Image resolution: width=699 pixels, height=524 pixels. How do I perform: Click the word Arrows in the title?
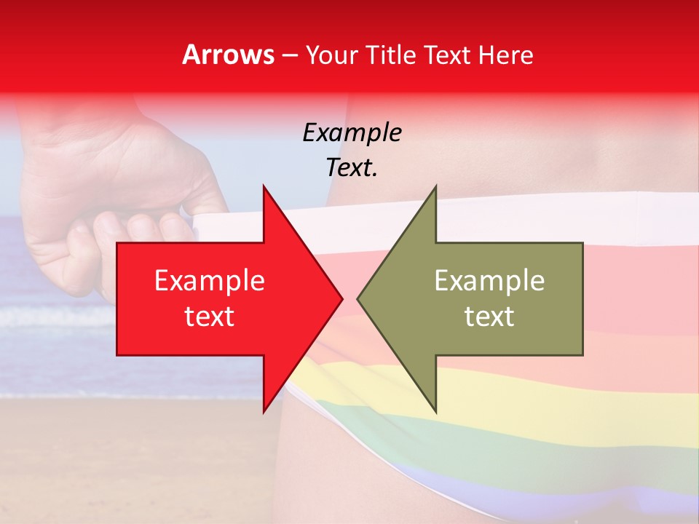pos(228,55)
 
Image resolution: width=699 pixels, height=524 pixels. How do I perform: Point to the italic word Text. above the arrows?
pos(352,168)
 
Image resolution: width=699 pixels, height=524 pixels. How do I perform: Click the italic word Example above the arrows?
pos(352,132)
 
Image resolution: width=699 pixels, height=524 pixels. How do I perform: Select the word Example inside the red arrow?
pos(210,281)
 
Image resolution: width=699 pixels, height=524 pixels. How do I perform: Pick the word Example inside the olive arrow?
pos(489,281)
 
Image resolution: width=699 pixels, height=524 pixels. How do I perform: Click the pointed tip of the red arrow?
pos(341,298)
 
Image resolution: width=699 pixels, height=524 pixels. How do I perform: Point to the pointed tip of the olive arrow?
pos(359,298)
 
